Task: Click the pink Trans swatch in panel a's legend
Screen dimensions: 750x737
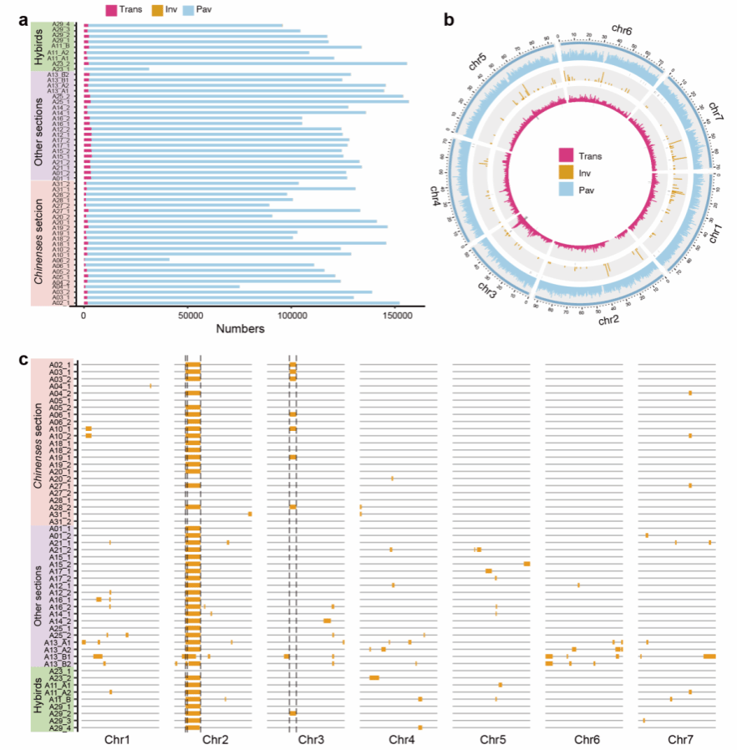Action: point(112,10)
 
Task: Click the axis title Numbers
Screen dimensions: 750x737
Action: point(241,329)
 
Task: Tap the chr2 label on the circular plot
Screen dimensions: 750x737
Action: point(612,318)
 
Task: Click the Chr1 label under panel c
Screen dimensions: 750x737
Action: point(118,740)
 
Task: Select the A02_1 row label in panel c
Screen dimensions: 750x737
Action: point(60,364)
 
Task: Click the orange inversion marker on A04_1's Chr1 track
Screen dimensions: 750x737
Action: point(150,385)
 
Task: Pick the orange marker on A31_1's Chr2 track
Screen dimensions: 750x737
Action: point(249,514)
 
